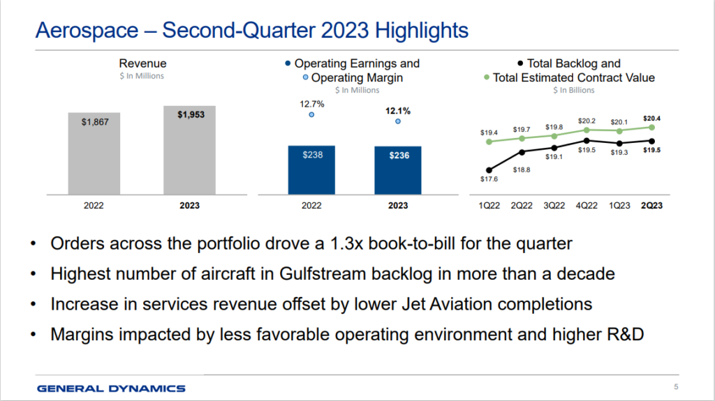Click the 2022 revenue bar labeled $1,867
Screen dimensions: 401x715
tap(94, 153)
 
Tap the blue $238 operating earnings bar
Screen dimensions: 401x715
tap(311, 169)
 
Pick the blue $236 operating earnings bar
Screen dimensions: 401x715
tap(397, 170)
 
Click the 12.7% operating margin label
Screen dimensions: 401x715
tap(311, 103)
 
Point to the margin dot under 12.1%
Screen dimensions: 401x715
tap(398, 121)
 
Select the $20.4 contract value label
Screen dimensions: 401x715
tap(651, 119)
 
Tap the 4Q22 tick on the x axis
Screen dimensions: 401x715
tap(587, 206)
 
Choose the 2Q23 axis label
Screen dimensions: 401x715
tap(652, 206)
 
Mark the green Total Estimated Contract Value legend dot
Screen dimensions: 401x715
tap(485, 77)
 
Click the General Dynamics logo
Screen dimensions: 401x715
tap(111, 388)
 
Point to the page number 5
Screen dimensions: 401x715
tap(676, 388)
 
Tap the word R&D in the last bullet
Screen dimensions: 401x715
tap(621, 334)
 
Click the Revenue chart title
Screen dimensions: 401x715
tap(142, 63)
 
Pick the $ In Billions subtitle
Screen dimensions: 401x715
tap(573, 90)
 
